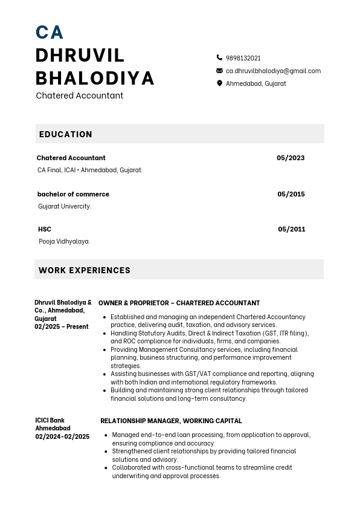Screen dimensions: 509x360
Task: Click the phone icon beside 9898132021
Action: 219,58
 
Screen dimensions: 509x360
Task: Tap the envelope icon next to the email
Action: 219,71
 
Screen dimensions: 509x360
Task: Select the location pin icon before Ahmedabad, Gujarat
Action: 219,83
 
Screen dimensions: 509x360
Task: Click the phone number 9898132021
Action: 243,58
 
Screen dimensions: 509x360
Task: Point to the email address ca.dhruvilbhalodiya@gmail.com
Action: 273,71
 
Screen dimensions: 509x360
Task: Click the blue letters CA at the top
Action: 50,32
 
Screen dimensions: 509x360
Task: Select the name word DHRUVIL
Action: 80,55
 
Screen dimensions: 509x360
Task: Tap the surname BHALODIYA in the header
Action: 95,78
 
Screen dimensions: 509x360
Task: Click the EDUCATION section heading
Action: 66,134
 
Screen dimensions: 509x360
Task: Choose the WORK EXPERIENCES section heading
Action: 85,270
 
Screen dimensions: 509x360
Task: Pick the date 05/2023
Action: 291,158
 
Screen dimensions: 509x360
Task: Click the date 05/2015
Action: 291,194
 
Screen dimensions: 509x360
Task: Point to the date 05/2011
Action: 291,229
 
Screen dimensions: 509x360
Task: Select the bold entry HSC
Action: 45,229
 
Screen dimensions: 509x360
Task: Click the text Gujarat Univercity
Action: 65,206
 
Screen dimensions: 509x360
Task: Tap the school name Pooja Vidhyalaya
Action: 65,241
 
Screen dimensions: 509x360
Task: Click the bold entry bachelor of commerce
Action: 73,194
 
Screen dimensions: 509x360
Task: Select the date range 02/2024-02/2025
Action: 62,436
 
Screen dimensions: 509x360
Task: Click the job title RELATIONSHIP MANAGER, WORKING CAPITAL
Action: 171,421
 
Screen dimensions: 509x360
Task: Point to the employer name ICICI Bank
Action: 50,420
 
